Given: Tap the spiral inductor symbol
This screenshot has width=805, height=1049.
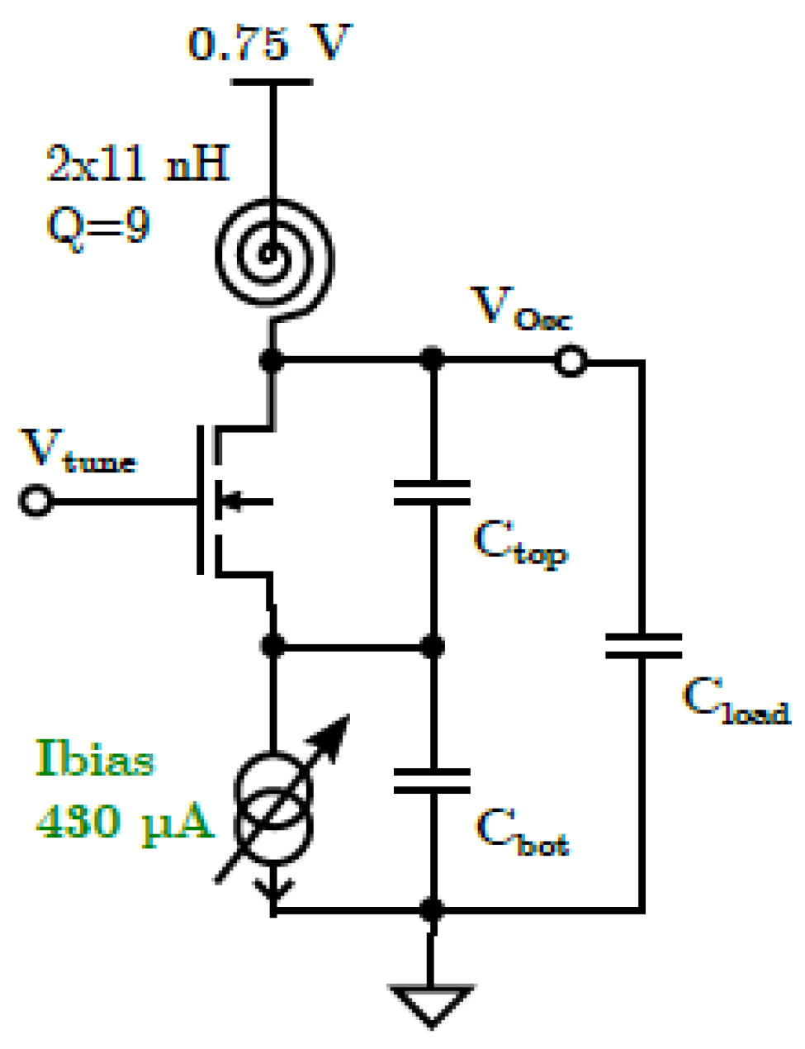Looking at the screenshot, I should click(273, 254).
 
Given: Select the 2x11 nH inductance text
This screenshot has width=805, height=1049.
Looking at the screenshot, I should click(137, 162).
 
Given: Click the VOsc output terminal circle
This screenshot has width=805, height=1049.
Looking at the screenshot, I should click(570, 361).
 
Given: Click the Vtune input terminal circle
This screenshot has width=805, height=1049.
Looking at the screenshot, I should click(36, 501).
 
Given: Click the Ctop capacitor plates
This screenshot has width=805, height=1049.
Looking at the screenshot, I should click(432, 492).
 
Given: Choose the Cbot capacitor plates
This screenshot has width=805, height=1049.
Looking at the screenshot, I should click(432, 781).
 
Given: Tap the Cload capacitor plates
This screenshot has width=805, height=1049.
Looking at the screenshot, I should click(643, 646).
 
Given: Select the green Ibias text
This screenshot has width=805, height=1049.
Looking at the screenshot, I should click(94, 758).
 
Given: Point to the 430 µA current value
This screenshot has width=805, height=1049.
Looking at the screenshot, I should click(124, 822).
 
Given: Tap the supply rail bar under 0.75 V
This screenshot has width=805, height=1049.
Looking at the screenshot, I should click(272, 82).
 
